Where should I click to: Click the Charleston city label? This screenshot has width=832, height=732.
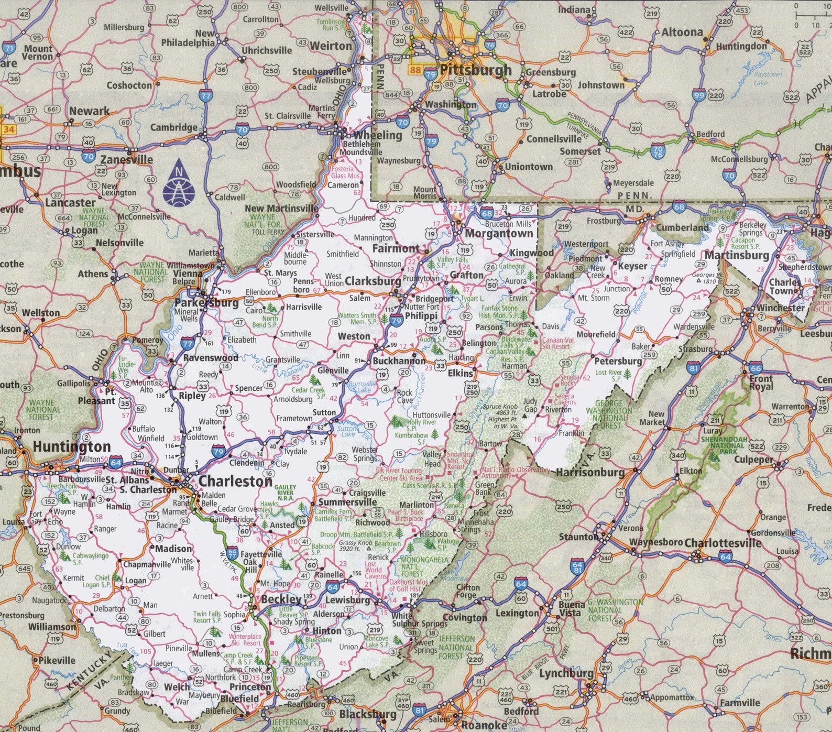pyautogui.click(x=235, y=480)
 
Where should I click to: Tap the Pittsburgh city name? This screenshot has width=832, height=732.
pyautogui.click(x=475, y=70)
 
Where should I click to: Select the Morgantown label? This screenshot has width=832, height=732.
pyautogui.click(x=498, y=234)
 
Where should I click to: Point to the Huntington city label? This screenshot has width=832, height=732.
pyautogui.click(x=72, y=447)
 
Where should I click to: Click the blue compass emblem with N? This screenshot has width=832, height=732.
pyautogui.click(x=179, y=182)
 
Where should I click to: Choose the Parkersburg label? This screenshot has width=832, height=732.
pyautogui.click(x=206, y=303)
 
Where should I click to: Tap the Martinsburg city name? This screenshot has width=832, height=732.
pyautogui.click(x=736, y=255)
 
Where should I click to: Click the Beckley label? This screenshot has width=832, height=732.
pyautogui.click(x=281, y=599)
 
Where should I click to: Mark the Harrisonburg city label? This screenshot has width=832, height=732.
pyautogui.click(x=590, y=472)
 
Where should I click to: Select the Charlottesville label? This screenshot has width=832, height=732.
pyautogui.click(x=722, y=543)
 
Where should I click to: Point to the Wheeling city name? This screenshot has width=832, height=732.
pyautogui.click(x=377, y=135)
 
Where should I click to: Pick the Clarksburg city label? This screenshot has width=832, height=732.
pyautogui.click(x=373, y=281)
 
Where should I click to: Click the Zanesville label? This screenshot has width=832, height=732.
pyautogui.click(x=127, y=160)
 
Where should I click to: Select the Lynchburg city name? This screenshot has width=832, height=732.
pyautogui.click(x=566, y=673)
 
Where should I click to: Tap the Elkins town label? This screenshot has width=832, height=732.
pyautogui.click(x=460, y=373)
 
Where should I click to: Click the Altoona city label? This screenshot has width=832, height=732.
pyautogui.click(x=682, y=32)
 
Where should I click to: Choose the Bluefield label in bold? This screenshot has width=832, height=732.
pyautogui.click(x=239, y=698)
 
